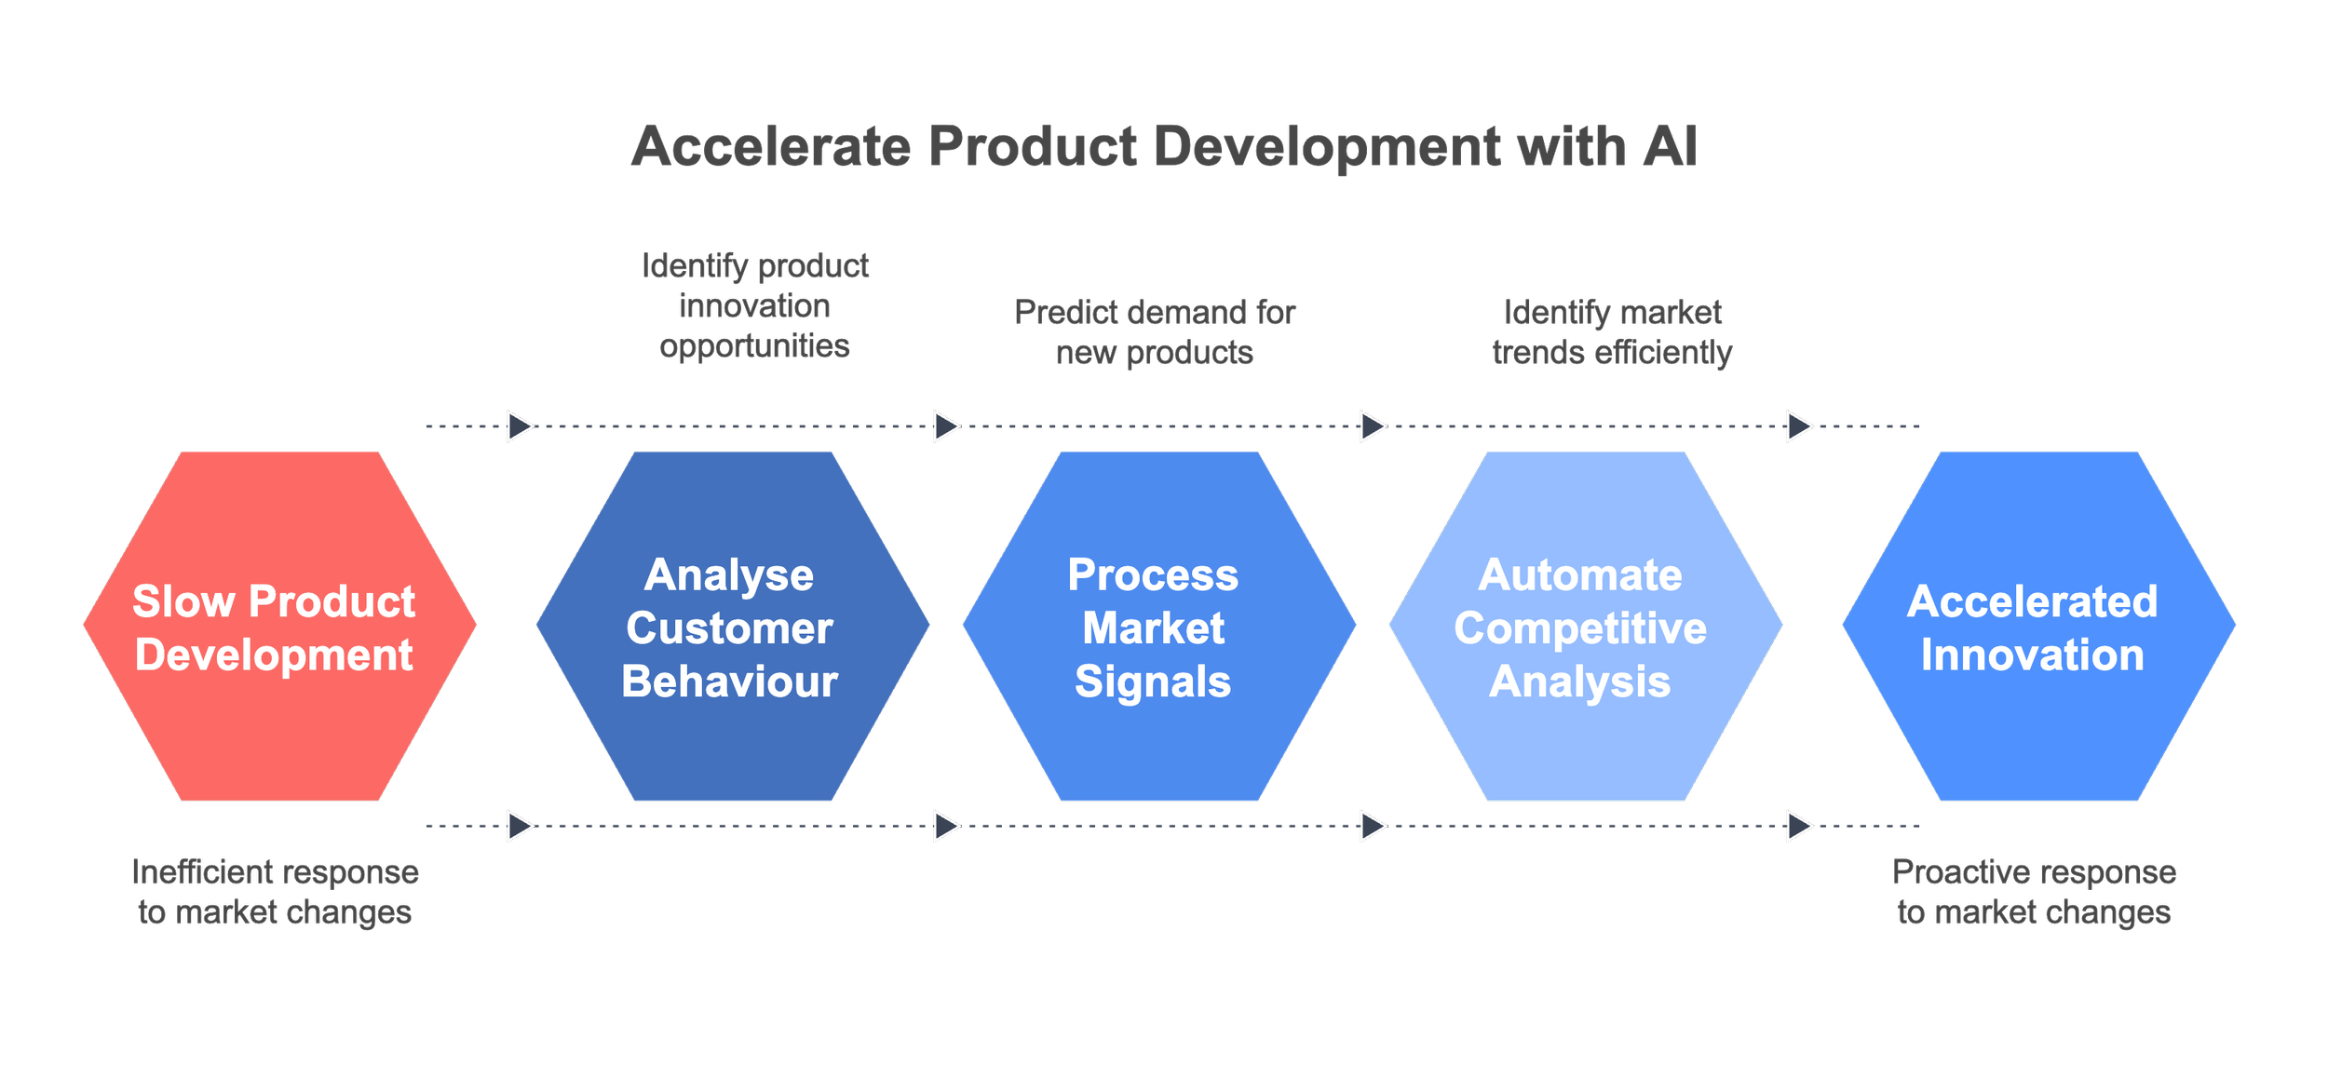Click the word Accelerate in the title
point(771,147)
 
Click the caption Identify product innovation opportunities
point(755,306)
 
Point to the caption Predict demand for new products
point(1155,332)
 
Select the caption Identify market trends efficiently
point(1612,332)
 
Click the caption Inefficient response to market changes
point(276,892)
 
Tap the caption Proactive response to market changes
point(2034,892)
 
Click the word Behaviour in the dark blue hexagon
point(730,682)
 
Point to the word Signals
point(1153,682)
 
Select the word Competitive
point(1580,629)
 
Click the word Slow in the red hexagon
point(183,602)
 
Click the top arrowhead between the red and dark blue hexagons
point(520,426)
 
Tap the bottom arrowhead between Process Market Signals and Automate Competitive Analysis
point(1373,826)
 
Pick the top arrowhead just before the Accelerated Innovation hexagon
point(1799,426)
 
